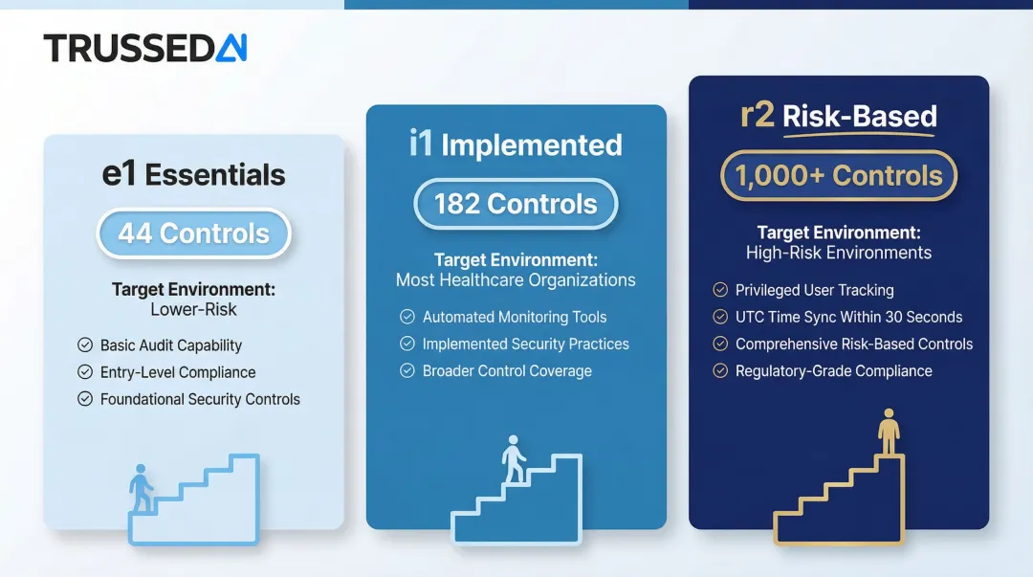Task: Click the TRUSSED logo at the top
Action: coord(145,48)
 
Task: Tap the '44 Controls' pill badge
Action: coord(193,233)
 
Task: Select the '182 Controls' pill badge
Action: coord(516,204)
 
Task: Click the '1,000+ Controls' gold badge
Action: coord(838,176)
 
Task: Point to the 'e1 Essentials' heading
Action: coord(193,175)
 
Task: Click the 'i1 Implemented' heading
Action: coord(516,145)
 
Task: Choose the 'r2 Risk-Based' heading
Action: coord(838,117)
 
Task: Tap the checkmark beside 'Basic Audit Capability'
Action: coord(85,345)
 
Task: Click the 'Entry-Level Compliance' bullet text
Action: coord(178,372)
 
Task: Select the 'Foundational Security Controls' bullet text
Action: coord(200,399)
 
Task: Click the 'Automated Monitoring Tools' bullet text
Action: coord(515,317)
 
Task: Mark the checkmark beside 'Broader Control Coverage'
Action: coord(407,371)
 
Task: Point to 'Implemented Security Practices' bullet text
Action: coord(526,344)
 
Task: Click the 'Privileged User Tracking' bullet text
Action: coord(814,290)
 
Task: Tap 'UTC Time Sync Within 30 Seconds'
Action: coord(848,317)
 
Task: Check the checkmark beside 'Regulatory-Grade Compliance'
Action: coord(720,371)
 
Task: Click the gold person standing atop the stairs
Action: coord(890,433)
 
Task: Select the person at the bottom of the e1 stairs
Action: coord(142,488)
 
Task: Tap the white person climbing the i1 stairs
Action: coord(515,460)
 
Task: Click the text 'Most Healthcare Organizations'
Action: coord(516,280)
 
